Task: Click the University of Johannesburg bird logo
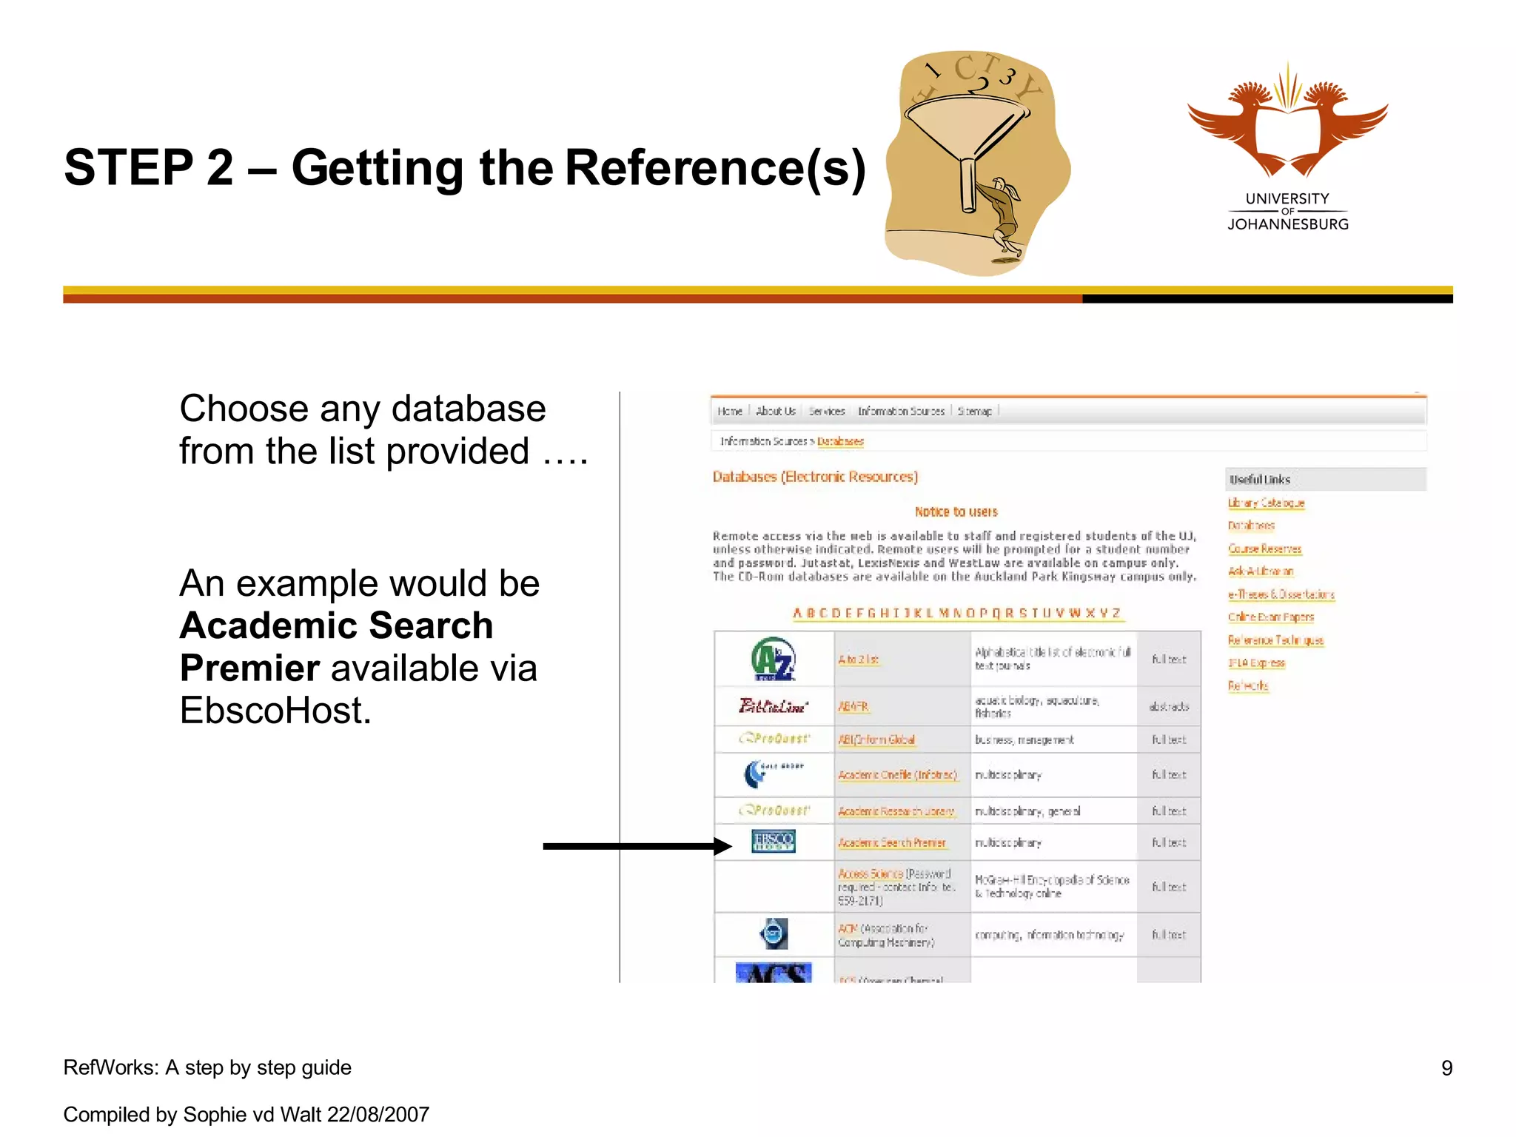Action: [x=1287, y=122]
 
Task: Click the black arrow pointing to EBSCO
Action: [x=637, y=846]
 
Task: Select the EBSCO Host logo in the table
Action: [x=773, y=842]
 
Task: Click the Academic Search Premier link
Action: [x=891, y=843]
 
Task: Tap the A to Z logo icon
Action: [x=773, y=659]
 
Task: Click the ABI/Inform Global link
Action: [x=876, y=739]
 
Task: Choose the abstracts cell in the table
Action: [x=1168, y=707]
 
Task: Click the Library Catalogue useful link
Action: [x=1266, y=503]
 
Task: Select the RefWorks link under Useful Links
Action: [x=1248, y=686]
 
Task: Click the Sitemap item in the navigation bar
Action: [x=974, y=412]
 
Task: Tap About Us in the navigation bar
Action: [x=775, y=412]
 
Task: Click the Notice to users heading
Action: [x=956, y=512]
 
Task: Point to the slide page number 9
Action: [x=1446, y=1068]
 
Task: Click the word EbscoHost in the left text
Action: [x=275, y=711]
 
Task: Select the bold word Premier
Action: [x=249, y=668]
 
